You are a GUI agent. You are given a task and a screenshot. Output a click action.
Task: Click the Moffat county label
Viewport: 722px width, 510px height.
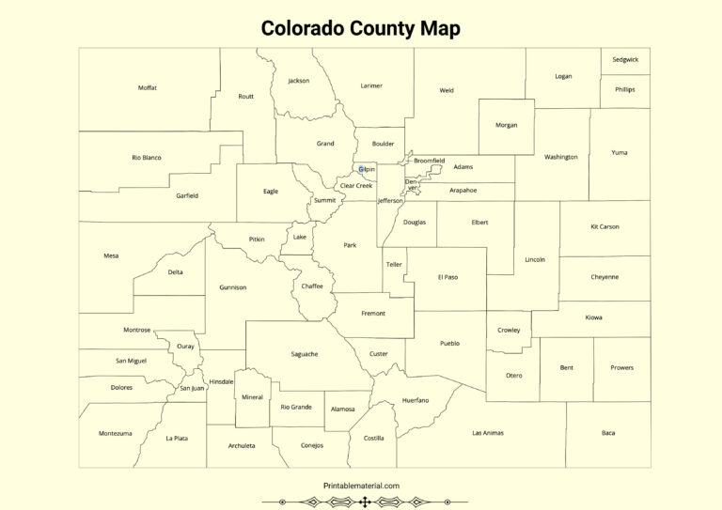pyautogui.click(x=147, y=87)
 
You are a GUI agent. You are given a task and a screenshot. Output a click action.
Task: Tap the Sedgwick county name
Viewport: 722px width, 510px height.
pyautogui.click(x=625, y=59)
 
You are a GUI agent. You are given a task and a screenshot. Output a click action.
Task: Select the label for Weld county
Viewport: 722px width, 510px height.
pyautogui.click(x=447, y=90)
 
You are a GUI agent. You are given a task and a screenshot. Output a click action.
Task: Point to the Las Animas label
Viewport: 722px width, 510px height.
pyautogui.click(x=488, y=433)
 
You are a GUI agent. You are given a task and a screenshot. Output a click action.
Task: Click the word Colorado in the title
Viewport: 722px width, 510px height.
pyautogui.click(x=304, y=28)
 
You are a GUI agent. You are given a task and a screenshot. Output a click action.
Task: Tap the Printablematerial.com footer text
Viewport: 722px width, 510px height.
pyautogui.click(x=361, y=486)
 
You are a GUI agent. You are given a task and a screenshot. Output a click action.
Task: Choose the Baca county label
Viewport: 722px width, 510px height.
pyautogui.click(x=608, y=433)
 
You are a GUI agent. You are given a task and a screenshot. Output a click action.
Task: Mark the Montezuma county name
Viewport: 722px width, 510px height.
pyautogui.click(x=115, y=433)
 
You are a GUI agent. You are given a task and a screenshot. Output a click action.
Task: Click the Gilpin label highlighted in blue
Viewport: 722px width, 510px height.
pyautogui.click(x=366, y=169)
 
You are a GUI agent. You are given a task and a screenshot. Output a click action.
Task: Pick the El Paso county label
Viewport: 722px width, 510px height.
pyautogui.click(x=447, y=277)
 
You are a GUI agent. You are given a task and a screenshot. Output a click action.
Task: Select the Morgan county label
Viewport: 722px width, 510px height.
pyautogui.click(x=506, y=125)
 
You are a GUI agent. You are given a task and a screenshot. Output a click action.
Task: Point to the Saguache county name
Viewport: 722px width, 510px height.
pyautogui.click(x=305, y=354)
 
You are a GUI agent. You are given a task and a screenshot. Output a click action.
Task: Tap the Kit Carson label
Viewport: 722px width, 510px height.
pyautogui.click(x=604, y=226)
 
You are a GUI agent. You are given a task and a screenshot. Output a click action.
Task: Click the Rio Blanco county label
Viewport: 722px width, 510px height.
pyautogui.click(x=146, y=158)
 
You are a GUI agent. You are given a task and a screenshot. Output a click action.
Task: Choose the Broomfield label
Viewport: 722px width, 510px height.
pyautogui.click(x=429, y=161)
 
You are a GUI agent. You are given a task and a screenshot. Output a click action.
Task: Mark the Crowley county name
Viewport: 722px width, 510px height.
pyautogui.click(x=509, y=331)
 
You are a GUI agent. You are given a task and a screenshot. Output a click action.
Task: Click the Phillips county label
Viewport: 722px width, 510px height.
pyautogui.click(x=625, y=89)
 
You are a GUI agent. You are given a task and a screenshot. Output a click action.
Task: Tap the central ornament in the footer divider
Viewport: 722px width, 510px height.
pyautogui.click(x=364, y=502)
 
